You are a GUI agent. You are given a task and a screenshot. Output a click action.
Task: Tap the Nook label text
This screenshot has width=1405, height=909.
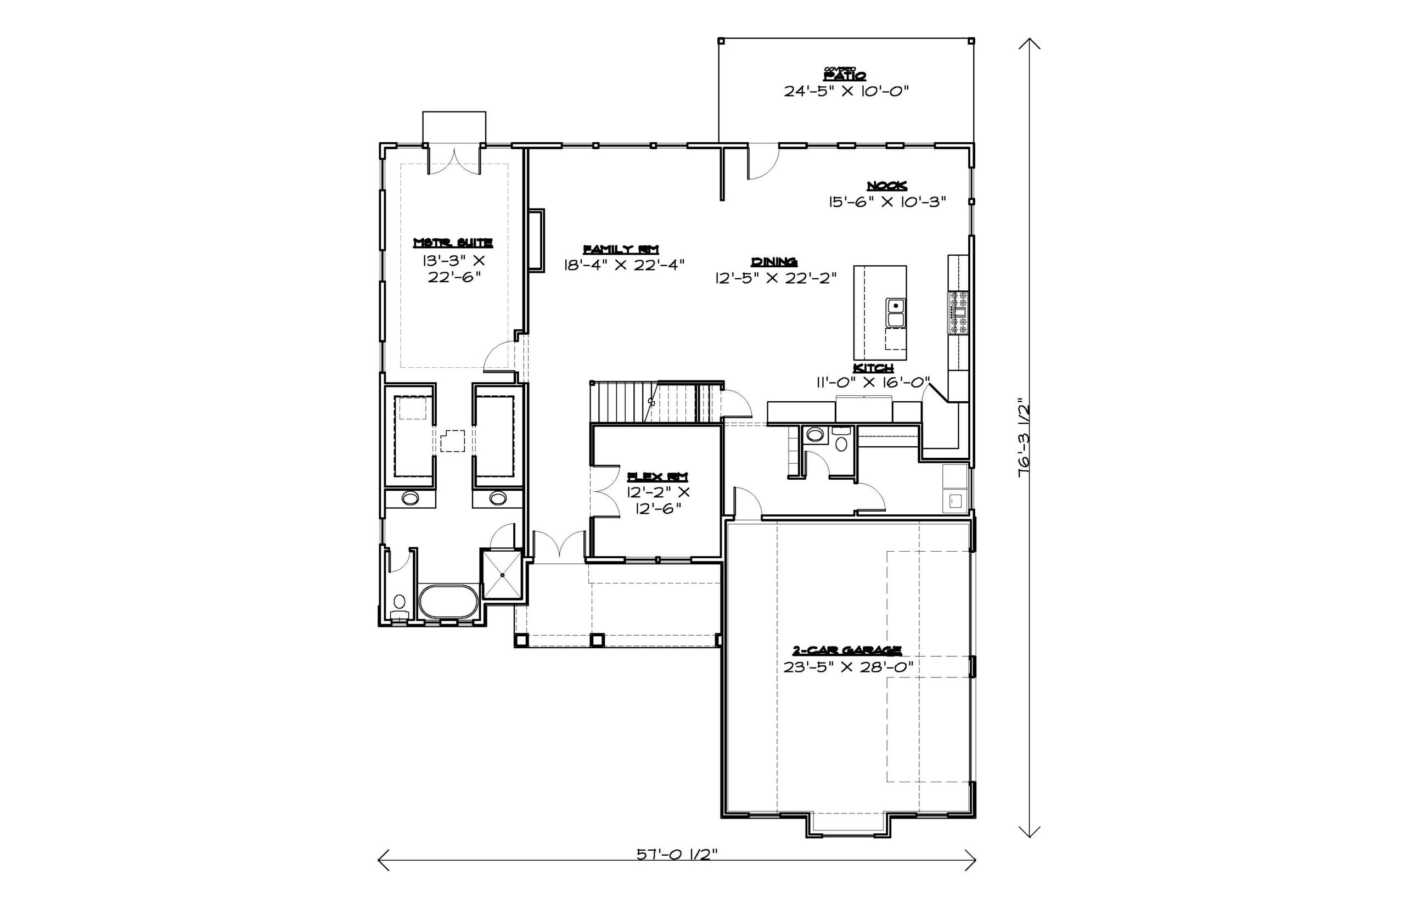click(886, 186)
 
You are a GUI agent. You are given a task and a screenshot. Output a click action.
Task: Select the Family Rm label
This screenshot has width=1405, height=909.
click(621, 249)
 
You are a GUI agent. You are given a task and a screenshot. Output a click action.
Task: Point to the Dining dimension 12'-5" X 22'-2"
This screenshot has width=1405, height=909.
click(776, 277)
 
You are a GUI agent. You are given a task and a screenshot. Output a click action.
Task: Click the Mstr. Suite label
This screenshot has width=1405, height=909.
click(453, 243)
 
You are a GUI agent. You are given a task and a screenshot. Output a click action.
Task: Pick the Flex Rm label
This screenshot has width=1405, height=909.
click(657, 476)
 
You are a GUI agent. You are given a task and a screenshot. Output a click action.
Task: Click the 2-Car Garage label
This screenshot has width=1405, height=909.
click(847, 650)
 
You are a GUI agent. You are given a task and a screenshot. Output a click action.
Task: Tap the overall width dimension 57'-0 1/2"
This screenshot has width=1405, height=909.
click(676, 854)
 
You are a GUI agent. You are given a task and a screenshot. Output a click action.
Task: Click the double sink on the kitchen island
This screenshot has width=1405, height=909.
click(895, 312)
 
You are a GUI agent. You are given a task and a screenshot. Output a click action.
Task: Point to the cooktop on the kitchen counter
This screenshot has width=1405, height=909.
click(958, 312)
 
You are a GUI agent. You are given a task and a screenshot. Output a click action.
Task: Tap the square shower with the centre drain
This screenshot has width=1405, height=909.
click(502, 574)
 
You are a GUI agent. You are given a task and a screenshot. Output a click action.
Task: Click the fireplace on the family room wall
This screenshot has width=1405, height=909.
click(536, 240)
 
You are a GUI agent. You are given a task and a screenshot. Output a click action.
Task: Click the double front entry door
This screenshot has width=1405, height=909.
click(559, 544)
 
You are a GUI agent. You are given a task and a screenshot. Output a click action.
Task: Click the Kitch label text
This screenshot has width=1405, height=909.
click(873, 368)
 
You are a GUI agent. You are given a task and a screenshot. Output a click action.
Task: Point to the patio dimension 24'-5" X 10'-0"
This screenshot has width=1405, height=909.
click(846, 92)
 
